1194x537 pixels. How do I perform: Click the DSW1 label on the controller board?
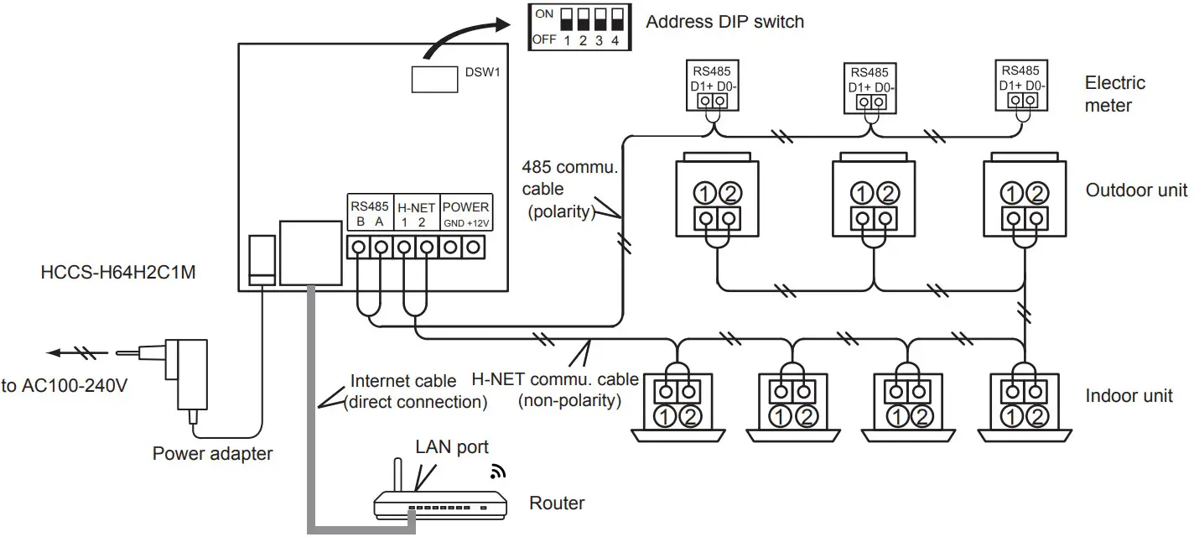pyautogui.click(x=482, y=72)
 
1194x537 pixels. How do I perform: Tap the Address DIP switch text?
pyautogui.click(x=724, y=22)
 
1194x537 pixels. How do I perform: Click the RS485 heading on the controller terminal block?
pyautogui.click(x=370, y=206)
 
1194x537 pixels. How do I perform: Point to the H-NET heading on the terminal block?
pyautogui.click(x=416, y=206)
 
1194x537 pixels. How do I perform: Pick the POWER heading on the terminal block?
pyautogui.click(x=465, y=206)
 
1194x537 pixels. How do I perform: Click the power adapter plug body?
pyautogui.click(x=185, y=370)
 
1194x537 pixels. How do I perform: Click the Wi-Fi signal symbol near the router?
pyautogui.click(x=498, y=472)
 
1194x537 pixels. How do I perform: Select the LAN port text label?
pyautogui.click(x=452, y=446)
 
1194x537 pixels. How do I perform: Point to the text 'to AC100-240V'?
pyautogui.click(x=65, y=388)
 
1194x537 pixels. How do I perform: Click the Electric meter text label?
pyautogui.click(x=1114, y=94)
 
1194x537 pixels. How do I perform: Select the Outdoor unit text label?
pyautogui.click(x=1136, y=190)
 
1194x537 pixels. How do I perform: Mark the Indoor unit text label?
pyautogui.click(x=1128, y=396)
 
